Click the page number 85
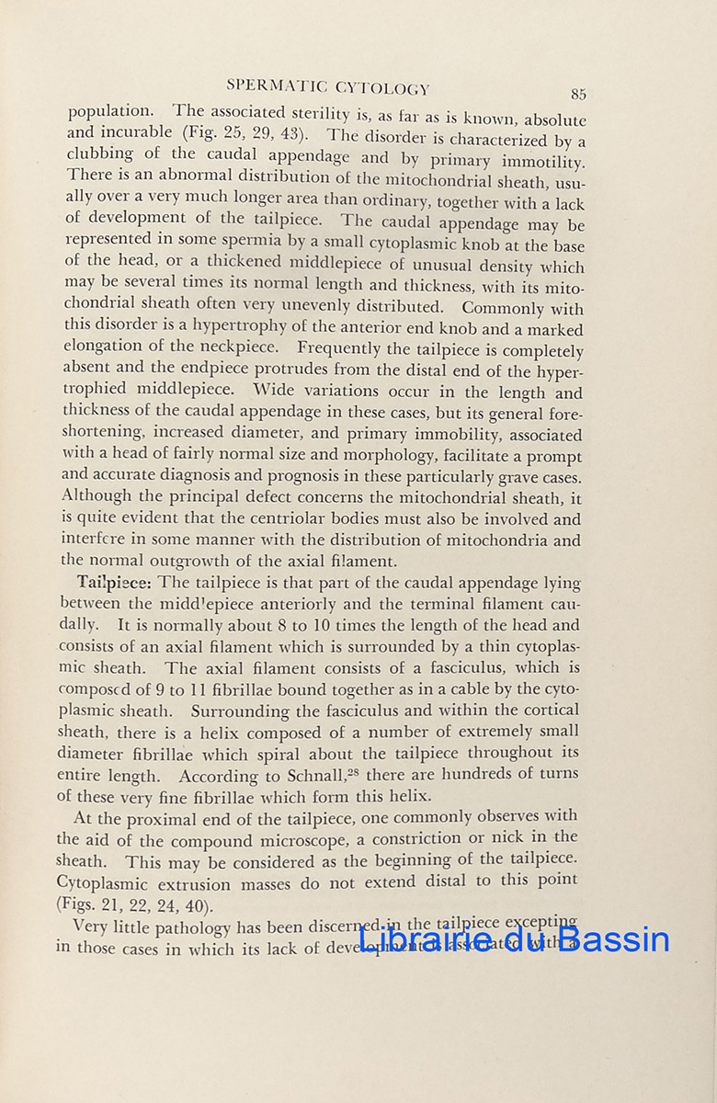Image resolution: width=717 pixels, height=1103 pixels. [x=578, y=94]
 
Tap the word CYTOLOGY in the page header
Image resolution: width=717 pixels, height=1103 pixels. [x=383, y=88]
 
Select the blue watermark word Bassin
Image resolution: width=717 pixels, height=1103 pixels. [x=613, y=938]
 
